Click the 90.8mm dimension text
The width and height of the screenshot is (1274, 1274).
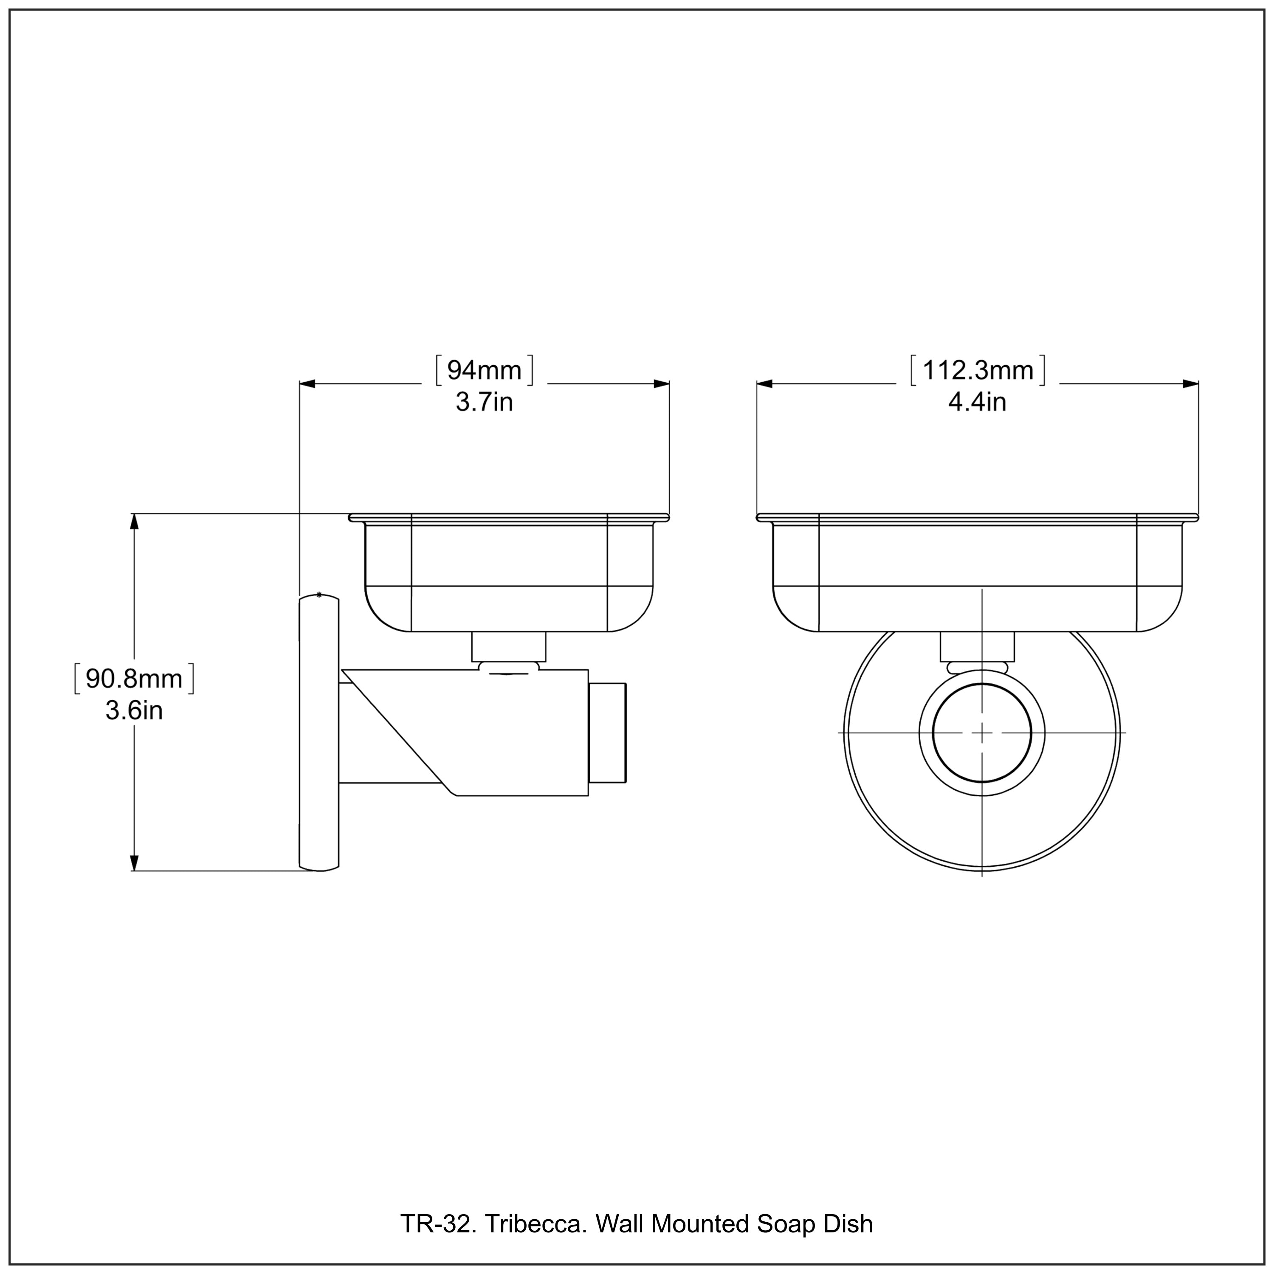click(134, 679)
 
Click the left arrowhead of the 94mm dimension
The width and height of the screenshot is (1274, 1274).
click(308, 384)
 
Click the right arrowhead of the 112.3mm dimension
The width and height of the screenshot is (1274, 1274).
click(1190, 384)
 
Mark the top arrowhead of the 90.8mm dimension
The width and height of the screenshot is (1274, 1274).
click(135, 521)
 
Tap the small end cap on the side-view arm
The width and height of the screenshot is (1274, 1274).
click(607, 733)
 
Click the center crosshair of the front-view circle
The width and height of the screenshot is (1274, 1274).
click(982, 733)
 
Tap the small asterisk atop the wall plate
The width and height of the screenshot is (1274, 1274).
click(319, 595)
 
